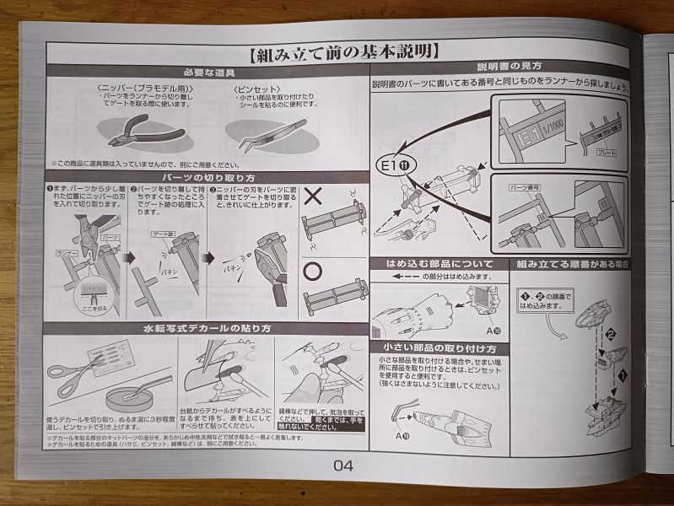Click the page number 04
tap(343, 465)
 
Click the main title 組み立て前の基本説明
tap(344, 53)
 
